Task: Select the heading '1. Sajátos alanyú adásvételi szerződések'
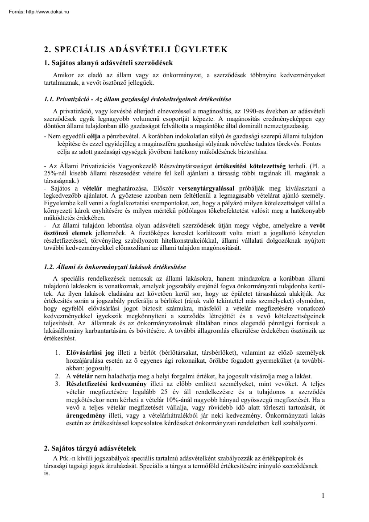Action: [x=108, y=63]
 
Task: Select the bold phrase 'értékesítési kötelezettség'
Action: [x=250, y=165]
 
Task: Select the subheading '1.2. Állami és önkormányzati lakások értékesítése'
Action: [x=115, y=267]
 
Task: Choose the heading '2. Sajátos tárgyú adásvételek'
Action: [x=90, y=448]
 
